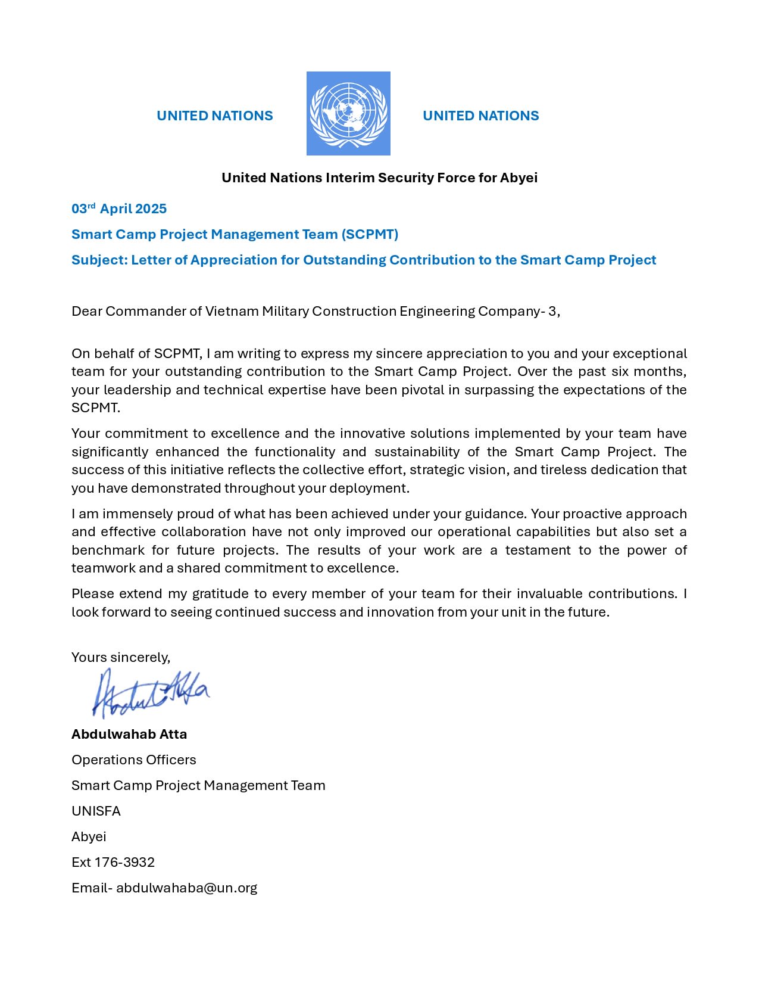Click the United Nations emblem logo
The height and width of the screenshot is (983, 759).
click(x=348, y=113)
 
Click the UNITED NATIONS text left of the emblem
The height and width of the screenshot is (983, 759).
click(x=214, y=116)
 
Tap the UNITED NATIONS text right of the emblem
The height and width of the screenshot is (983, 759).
click(x=480, y=116)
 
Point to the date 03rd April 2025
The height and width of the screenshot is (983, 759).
click(x=119, y=209)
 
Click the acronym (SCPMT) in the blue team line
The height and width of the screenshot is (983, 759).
click(x=370, y=234)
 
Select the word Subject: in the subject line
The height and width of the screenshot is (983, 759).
click(x=99, y=260)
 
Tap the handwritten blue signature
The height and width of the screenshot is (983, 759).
click(x=150, y=693)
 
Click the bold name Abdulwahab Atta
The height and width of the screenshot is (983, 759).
click(x=129, y=734)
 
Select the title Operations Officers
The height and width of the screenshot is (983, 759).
click(x=133, y=760)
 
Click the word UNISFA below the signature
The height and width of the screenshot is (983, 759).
click(x=96, y=811)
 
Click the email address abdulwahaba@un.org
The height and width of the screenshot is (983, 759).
click(x=186, y=888)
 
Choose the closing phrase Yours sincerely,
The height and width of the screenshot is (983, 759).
click(x=121, y=657)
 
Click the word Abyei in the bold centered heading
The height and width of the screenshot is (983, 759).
click(x=519, y=178)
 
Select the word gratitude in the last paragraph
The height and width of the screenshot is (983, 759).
click(x=220, y=593)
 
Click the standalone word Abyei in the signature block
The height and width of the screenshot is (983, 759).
click(x=89, y=836)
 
